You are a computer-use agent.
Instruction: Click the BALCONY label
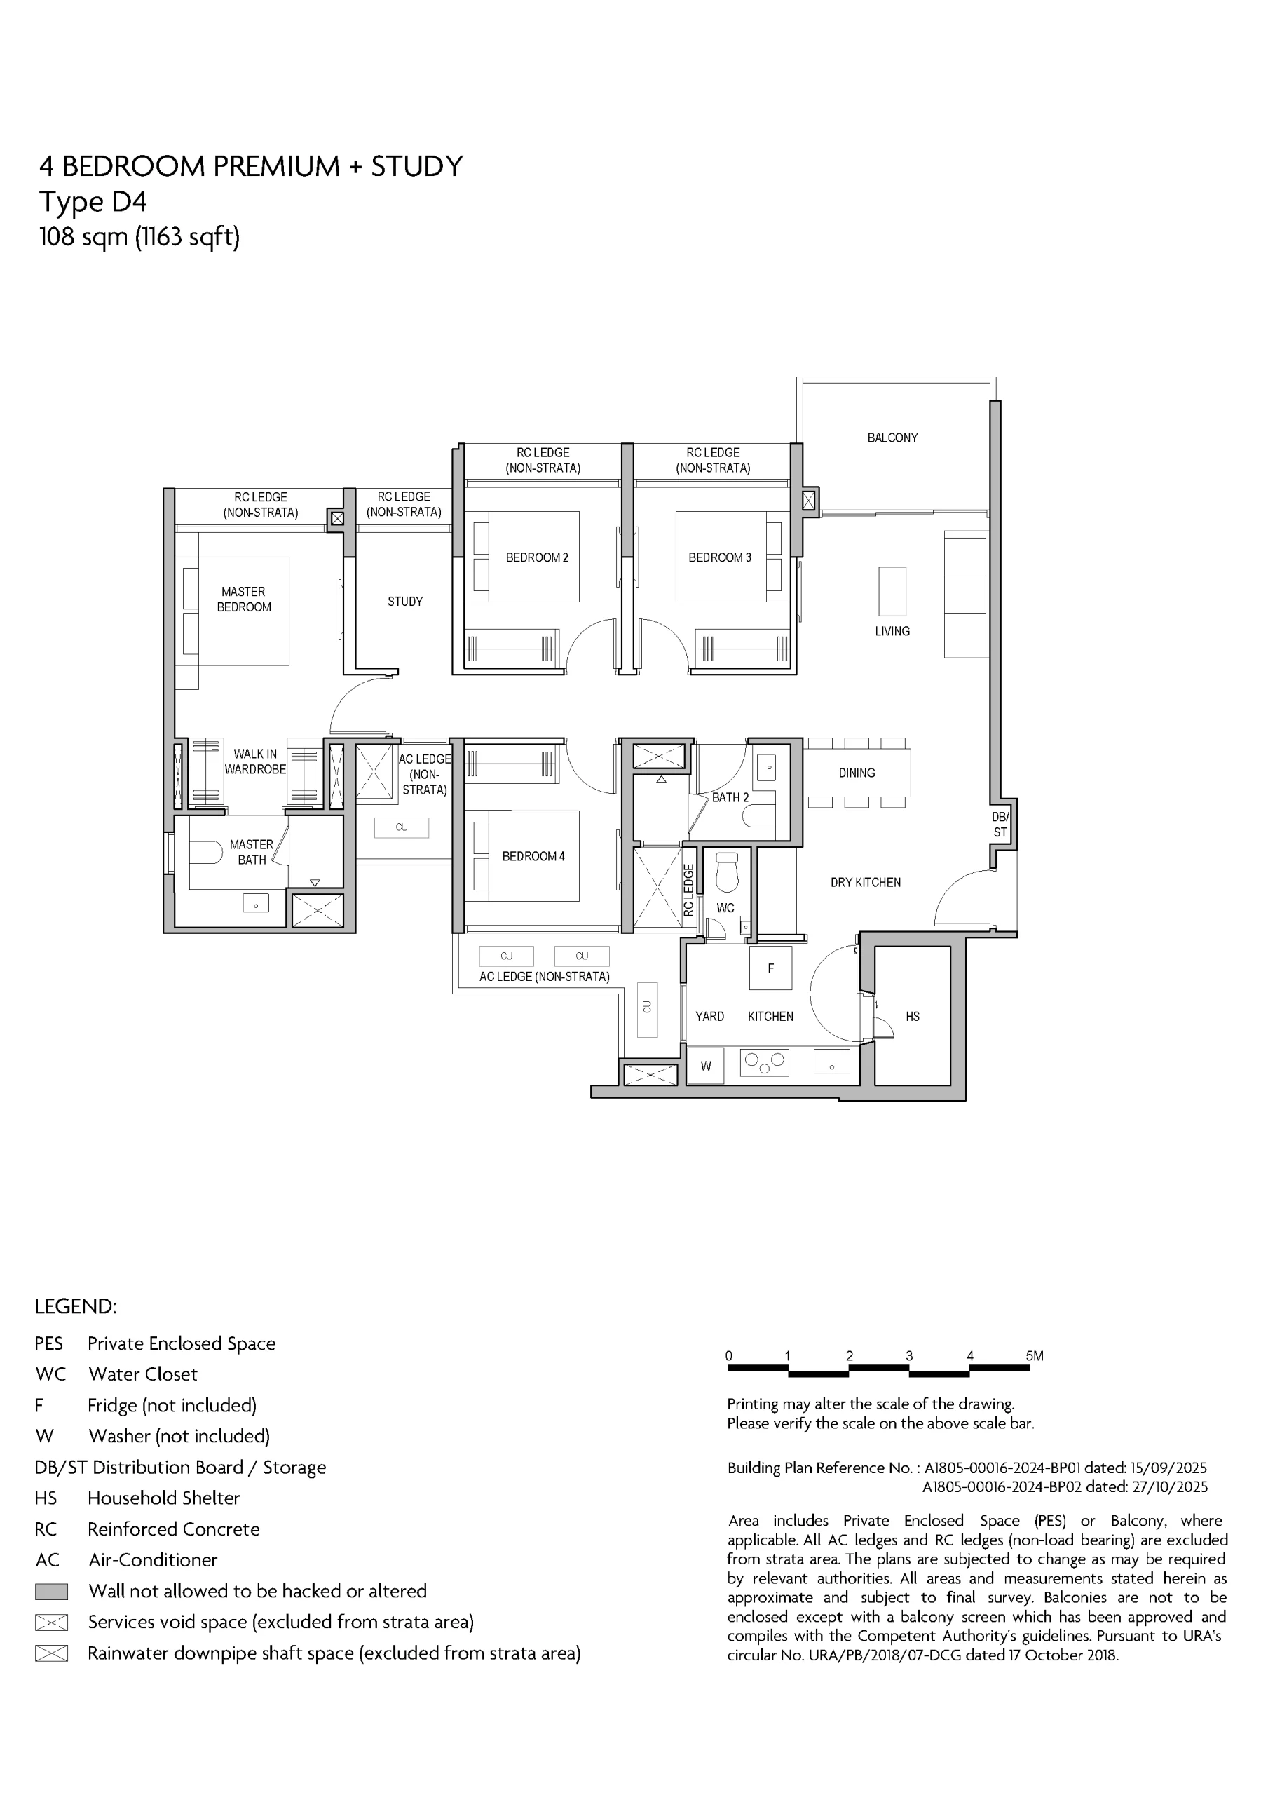[892, 438]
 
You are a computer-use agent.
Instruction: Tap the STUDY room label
[405, 601]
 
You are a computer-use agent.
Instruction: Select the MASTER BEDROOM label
[244, 600]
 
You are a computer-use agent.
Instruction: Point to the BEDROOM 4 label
[533, 856]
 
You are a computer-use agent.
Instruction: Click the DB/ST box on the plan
[1001, 824]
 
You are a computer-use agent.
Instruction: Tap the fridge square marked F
[771, 968]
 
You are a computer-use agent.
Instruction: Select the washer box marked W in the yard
[706, 1066]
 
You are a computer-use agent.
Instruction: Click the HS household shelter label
[913, 1016]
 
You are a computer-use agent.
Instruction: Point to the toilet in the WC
[727, 872]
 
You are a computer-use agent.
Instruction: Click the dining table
[857, 773]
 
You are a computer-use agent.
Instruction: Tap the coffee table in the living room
[892, 592]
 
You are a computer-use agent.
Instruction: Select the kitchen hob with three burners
[764, 1062]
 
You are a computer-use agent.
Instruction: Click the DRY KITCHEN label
[866, 883]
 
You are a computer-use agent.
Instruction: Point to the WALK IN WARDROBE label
[255, 761]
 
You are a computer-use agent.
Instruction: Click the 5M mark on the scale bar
[1035, 1355]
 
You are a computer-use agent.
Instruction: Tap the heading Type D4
[93, 202]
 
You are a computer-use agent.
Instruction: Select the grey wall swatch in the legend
[52, 1591]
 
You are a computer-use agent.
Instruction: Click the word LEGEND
[75, 1306]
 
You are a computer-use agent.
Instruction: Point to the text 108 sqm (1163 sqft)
[139, 236]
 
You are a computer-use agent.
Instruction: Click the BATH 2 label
[730, 797]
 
